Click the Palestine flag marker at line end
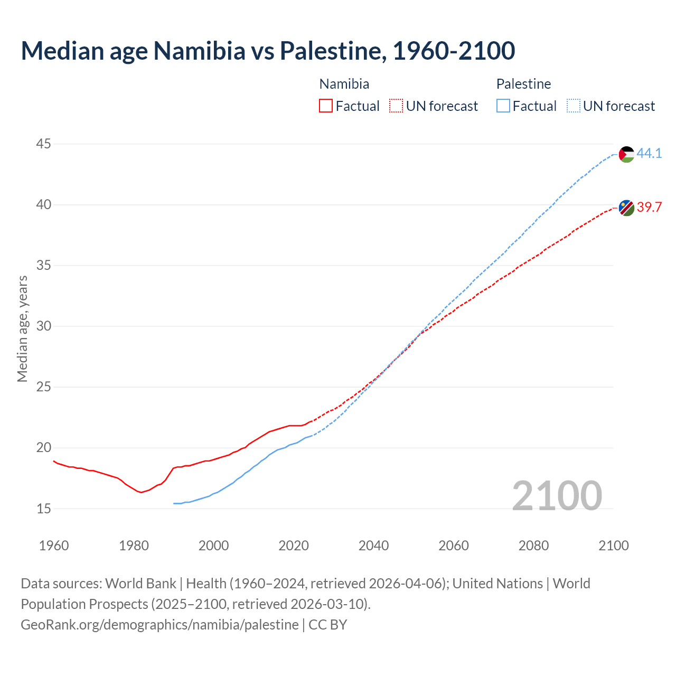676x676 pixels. (x=626, y=154)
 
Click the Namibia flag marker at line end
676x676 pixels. (x=626, y=208)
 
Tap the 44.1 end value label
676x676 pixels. (x=649, y=153)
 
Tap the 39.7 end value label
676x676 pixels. (x=649, y=207)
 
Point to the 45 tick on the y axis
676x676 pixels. (x=44, y=144)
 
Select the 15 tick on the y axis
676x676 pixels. (x=44, y=509)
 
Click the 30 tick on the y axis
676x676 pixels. (x=44, y=326)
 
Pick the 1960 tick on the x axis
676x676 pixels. (x=54, y=546)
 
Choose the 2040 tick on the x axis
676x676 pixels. (x=373, y=546)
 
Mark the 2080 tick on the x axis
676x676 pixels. (x=533, y=546)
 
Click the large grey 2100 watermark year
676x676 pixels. (x=557, y=495)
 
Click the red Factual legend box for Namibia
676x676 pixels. (x=326, y=106)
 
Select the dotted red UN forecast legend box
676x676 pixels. (x=396, y=106)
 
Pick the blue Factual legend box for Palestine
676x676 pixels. (x=503, y=106)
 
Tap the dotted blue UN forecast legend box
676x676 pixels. (x=574, y=106)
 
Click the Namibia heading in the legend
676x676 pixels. (x=344, y=84)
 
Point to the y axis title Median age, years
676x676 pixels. (x=22, y=328)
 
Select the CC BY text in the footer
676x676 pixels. (x=328, y=625)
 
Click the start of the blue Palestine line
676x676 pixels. (x=174, y=503)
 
